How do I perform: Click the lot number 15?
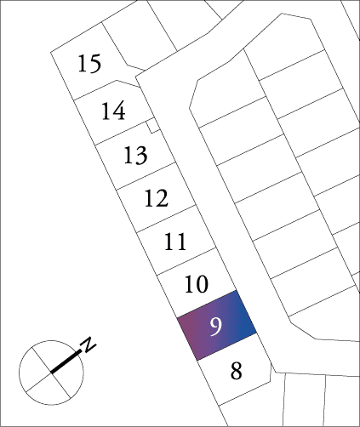click(x=89, y=63)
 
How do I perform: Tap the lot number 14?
click(x=113, y=111)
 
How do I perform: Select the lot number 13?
click(x=135, y=155)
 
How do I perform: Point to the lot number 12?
click(x=157, y=198)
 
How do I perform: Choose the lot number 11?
click(x=175, y=242)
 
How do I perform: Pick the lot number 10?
click(x=197, y=284)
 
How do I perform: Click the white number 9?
click(x=215, y=326)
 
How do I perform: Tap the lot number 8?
click(x=237, y=371)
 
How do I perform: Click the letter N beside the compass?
click(x=88, y=344)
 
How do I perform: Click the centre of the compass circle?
click(x=51, y=373)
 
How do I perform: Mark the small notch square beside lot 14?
click(x=153, y=126)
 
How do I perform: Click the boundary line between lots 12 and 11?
click(x=166, y=219)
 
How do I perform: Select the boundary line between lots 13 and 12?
click(x=146, y=176)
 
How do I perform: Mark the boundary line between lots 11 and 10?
click(x=186, y=261)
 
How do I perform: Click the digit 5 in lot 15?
click(x=95, y=63)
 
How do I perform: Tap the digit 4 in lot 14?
click(x=118, y=111)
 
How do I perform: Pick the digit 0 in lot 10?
click(x=202, y=284)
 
